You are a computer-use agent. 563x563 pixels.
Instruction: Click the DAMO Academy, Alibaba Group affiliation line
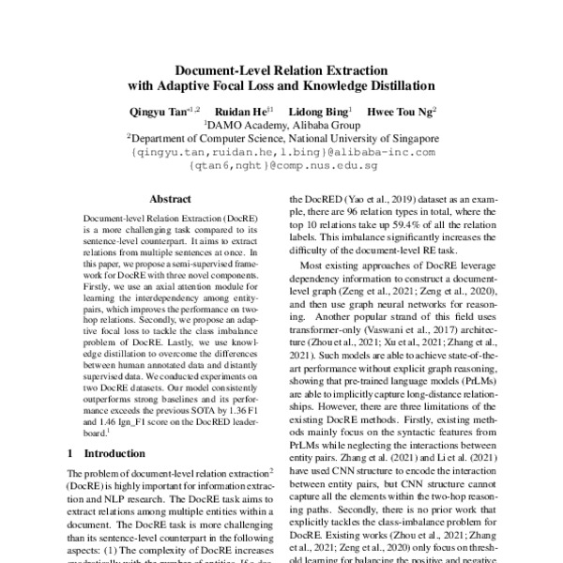(x=281, y=123)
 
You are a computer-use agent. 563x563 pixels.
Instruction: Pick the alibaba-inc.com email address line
(x=281, y=150)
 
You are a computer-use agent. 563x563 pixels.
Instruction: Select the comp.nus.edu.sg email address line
(x=281, y=164)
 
